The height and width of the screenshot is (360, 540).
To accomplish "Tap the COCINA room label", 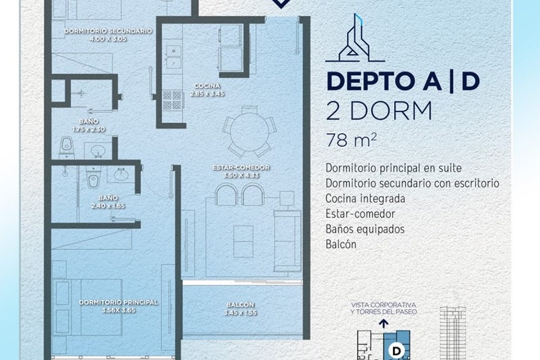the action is (x=207, y=85).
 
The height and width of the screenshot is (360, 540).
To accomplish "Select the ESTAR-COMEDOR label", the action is (x=241, y=167).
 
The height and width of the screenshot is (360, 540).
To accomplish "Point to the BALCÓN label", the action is (x=241, y=305).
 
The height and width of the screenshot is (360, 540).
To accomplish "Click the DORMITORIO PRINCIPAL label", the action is (x=118, y=302).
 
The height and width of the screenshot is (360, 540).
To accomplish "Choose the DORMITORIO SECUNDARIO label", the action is (x=108, y=31).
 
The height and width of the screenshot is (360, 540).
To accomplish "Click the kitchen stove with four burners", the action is (x=172, y=99).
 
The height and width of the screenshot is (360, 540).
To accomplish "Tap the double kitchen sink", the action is (x=173, y=56).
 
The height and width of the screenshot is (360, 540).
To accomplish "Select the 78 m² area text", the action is (x=351, y=140).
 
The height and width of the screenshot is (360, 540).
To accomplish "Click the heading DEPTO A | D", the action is (x=403, y=81).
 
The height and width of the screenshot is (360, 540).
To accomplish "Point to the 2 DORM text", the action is (x=379, y=111).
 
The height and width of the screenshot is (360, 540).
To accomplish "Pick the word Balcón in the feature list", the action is (x=341, y=244).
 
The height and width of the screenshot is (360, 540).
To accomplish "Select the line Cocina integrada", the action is (x=365, y=199).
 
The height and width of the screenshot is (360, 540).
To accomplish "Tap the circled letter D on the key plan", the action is (x=396, y=351).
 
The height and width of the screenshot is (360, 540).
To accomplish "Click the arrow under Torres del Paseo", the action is (x=383, y=324).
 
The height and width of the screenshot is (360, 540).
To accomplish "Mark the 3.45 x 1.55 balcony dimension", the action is (x=241, y=313).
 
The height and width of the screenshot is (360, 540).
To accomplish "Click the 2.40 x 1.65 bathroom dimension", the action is (x=108, y=206).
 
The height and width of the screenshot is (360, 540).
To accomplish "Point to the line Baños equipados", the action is (x=365, y=229).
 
